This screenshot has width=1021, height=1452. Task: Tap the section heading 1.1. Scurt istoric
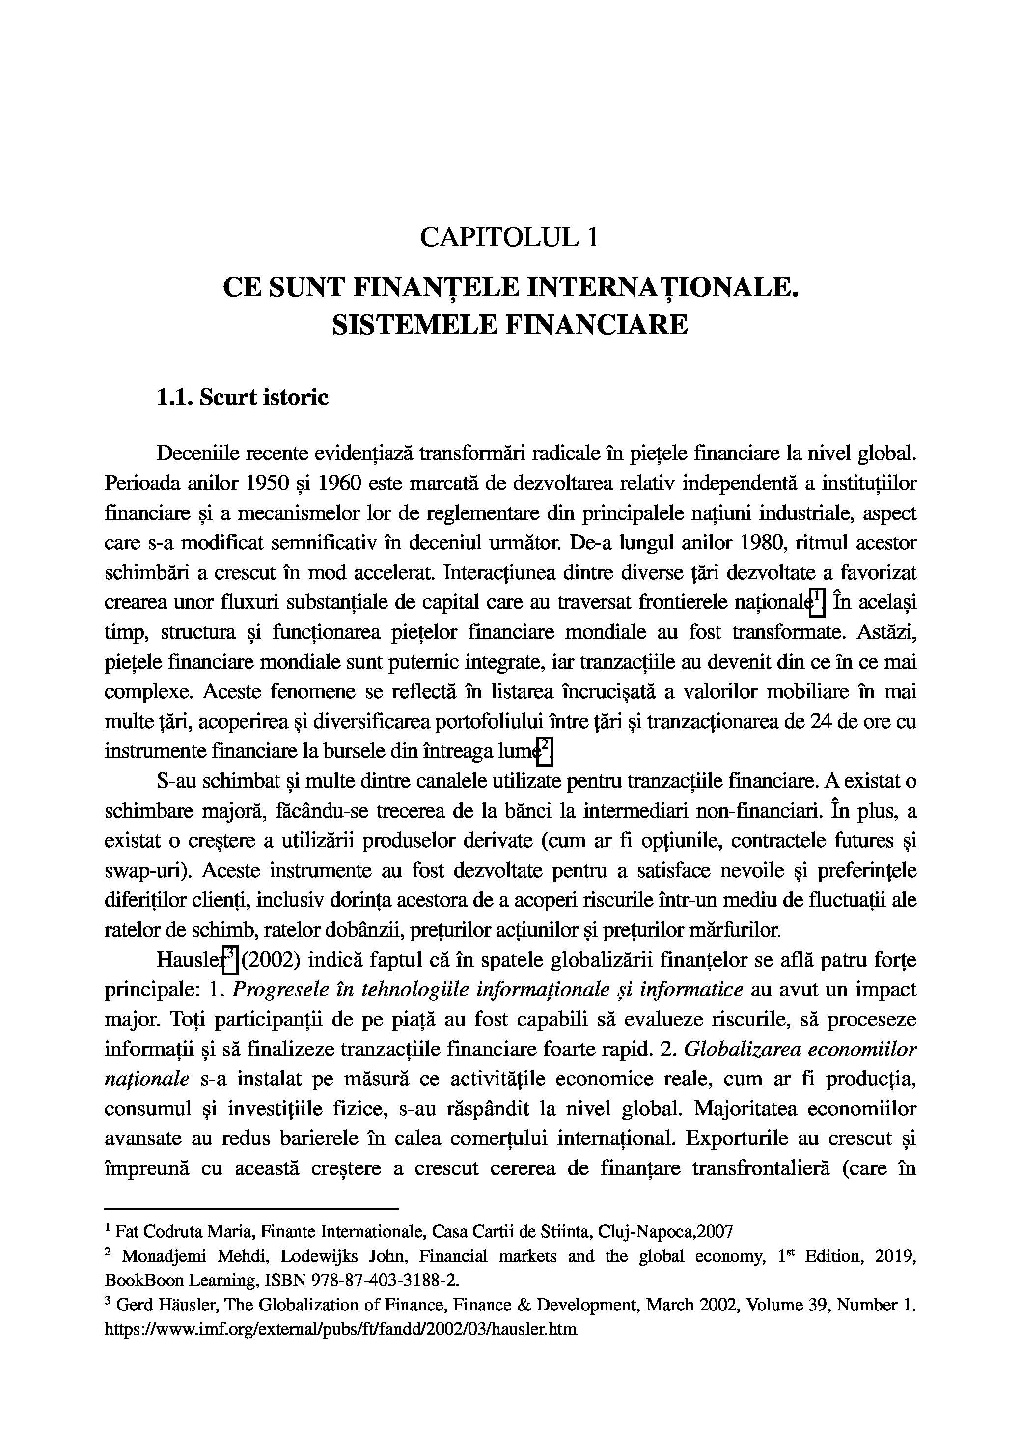tap(242, 398)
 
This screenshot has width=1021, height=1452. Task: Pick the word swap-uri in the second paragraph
tap(144, 871)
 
